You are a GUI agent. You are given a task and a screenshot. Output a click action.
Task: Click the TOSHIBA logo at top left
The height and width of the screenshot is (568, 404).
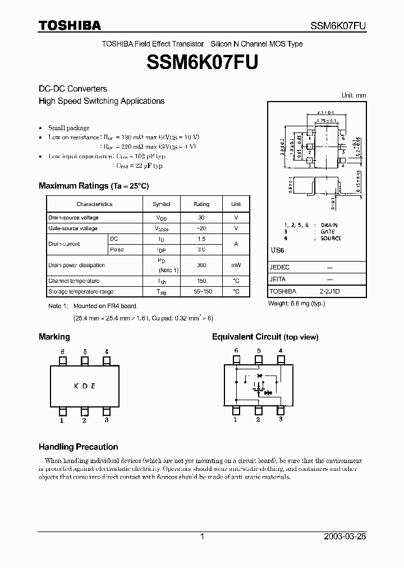coord(70,25)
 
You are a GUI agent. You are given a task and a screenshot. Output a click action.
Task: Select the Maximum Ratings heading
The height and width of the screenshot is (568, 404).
coord(94,186)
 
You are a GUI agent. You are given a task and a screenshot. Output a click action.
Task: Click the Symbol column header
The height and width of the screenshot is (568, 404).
coord(161,204)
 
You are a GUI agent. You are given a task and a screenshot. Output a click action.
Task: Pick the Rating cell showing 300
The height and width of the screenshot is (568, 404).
coord(201,265)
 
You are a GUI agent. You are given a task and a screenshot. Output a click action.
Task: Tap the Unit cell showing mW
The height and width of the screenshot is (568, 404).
coord(236,265)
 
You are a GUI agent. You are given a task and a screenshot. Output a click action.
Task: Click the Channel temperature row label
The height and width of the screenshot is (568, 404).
coord(74,281)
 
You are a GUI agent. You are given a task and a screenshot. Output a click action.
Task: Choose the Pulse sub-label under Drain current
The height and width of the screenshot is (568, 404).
coord(117,249)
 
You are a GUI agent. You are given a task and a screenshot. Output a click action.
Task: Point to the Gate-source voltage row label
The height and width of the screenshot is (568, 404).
coord(73,228)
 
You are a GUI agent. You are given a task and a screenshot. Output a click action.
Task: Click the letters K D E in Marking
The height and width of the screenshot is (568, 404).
coord(85,386)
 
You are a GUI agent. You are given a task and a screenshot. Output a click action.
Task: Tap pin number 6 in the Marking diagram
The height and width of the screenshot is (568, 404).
coord(62,351)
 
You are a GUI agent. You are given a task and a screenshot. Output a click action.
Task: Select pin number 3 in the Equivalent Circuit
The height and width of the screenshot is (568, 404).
coord(281,419)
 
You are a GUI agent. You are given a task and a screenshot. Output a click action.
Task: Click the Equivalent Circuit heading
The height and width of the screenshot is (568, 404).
coord(265,337)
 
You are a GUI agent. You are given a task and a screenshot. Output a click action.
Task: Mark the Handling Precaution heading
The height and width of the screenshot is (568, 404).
coord(78,447)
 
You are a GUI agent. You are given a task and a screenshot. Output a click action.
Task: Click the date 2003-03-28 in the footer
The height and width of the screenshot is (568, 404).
coord(345,537)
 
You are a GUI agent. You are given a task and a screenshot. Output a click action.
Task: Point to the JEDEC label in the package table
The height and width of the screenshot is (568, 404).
coord(279,268)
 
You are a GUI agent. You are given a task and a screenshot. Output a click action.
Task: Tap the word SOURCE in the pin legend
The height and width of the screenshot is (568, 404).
coord(330,239)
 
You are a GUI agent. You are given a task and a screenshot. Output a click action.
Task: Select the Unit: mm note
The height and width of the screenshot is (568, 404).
coord(353,96)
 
